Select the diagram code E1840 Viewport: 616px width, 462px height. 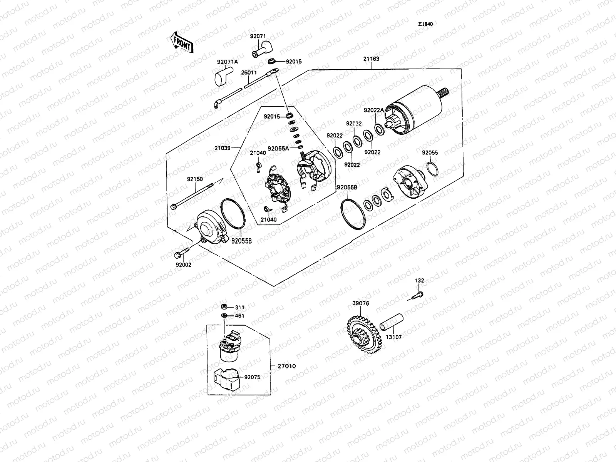426,24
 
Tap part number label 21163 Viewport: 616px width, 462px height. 371,59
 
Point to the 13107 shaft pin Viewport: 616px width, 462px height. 392,322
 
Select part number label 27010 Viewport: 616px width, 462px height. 286,366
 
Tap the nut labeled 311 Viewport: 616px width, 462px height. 223,307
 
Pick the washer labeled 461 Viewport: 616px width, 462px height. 223,316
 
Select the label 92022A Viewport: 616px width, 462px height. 374,110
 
